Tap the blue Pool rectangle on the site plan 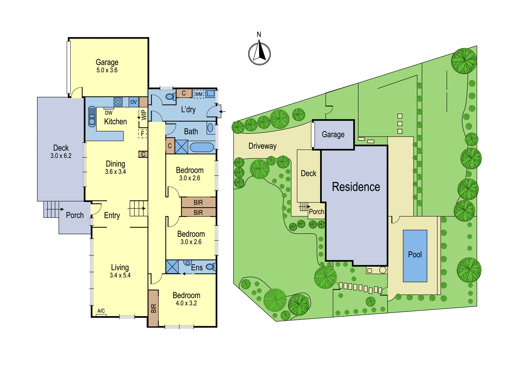point(415,256)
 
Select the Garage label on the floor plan point(107,62)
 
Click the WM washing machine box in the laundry point(199,94)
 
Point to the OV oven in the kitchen point(134,102)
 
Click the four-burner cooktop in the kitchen point(118,102)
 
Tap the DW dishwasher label point(109,113)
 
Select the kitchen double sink point(92,116)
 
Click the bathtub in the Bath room point(202,147)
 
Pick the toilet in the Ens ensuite point(211,267)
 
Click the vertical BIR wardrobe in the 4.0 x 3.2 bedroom point(153,308)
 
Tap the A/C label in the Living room point(101,311)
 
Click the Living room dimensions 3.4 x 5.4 point(120,275)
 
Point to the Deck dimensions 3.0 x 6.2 point(61,156)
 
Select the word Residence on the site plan point(356,187)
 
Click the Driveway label point(262,146)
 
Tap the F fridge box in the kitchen point(142,134)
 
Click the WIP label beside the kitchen point(144,115)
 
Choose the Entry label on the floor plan point(112,215)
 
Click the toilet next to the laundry point(171,96)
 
